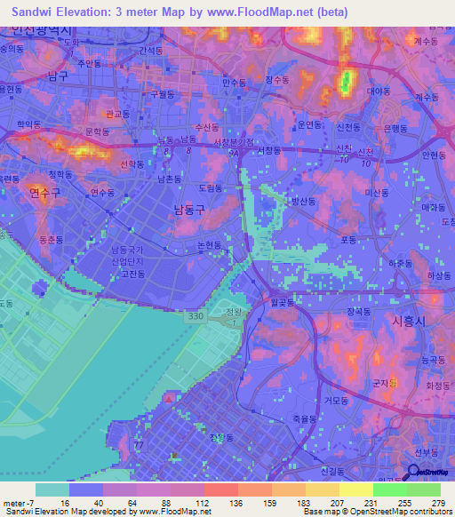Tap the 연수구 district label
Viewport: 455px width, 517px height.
44,192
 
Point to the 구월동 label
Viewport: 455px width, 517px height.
163,93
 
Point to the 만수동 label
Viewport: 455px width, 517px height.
235,81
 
